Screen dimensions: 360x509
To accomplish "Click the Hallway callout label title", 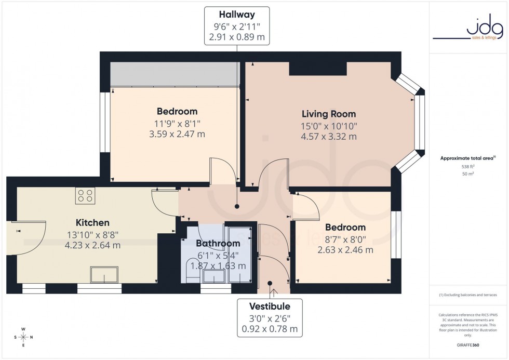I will click(x=237, y=14).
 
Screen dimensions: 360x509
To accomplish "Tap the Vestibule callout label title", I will click(x=270, y=306).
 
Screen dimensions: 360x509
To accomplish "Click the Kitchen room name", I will click(x=92, y=223).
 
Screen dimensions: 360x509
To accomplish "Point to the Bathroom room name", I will click(x=218, y=243).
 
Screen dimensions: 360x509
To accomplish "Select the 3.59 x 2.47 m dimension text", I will click(x=177, y=134).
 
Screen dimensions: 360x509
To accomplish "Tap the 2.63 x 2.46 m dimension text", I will click(x=345, y=250).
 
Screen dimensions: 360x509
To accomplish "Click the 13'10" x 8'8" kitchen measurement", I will click(x=92, y=234).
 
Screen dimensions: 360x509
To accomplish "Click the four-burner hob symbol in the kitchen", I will click(x=85, y=195).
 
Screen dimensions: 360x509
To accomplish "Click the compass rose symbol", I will click(x=23, y=338).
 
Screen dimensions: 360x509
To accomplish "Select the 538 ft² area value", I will click(x=468, y=166).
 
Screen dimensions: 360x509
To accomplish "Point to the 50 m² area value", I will click(x=468, y=174).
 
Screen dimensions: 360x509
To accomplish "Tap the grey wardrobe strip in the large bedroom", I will click(x=175, y=75).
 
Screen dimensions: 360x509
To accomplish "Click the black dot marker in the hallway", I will click(x=237, y=207).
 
